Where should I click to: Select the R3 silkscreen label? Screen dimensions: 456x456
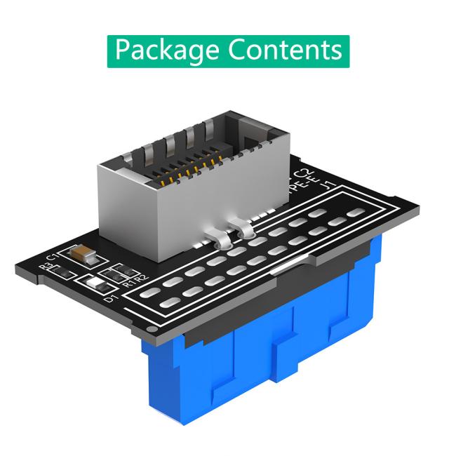[x=48, y=267]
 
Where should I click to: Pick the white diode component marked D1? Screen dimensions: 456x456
[x=95, y=285]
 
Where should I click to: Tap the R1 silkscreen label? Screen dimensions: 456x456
[x=127, y=283]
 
